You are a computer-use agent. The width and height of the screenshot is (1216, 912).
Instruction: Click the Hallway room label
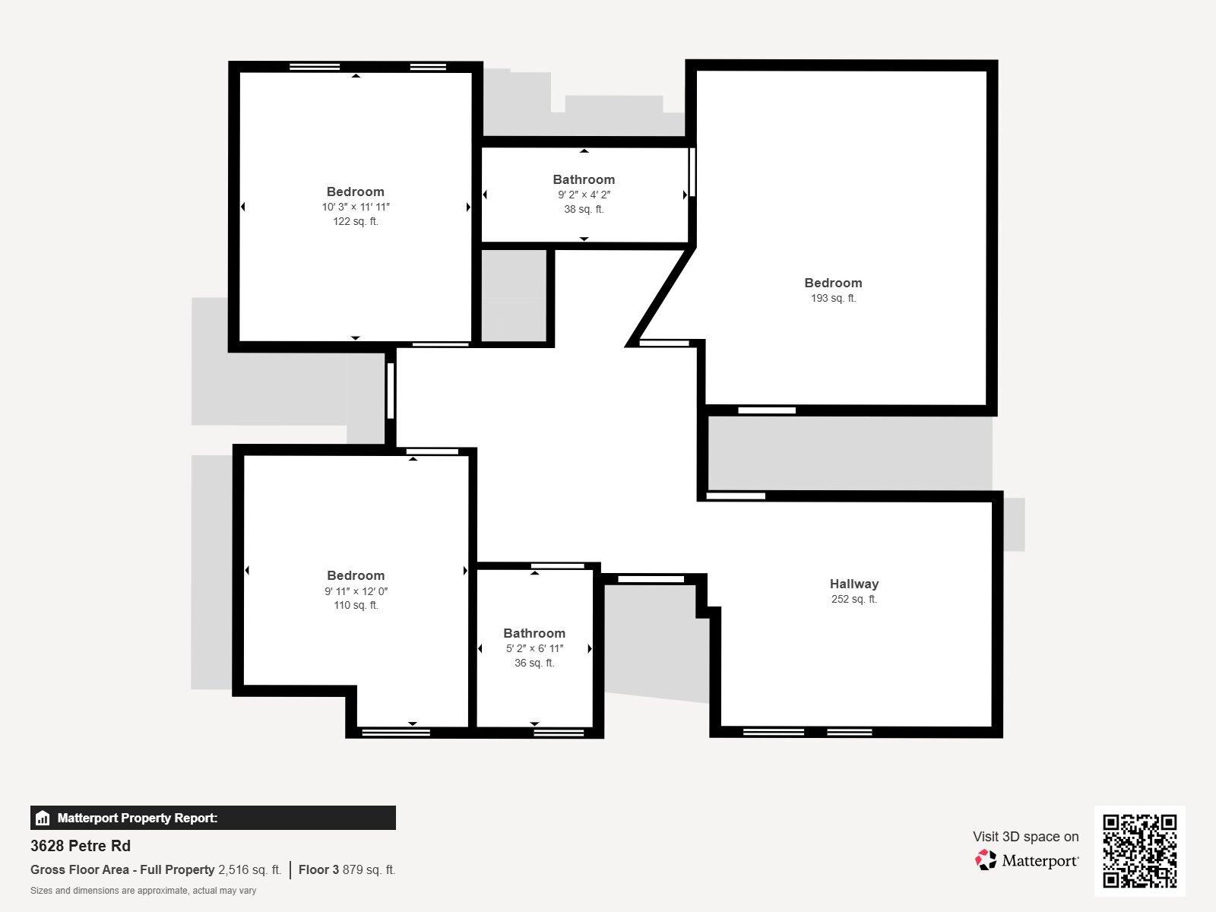(853, 584)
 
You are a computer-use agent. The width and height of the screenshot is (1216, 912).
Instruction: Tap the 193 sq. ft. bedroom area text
(833, 298)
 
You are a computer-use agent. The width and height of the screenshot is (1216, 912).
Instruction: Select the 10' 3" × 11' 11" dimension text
(355, 207)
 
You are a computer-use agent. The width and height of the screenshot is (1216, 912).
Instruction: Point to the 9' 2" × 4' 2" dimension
(584, 195)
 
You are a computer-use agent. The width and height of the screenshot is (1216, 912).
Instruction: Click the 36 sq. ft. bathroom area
(534, 663)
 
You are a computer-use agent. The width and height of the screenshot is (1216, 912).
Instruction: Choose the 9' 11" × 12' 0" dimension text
(356, 591)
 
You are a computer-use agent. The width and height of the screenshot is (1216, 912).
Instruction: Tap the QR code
(1139, 850)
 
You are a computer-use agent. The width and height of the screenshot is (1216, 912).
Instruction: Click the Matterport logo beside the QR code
(1027, 860)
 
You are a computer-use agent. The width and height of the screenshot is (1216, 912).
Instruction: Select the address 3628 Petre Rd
(81, 845)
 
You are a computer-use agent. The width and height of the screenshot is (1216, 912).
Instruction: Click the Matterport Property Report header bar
(213, 818)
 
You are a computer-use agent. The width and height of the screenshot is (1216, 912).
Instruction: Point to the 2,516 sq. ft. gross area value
(249, 869)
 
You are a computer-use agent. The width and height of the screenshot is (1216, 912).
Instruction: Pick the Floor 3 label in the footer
(318, 869)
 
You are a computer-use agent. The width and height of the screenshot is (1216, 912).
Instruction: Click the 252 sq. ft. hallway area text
(853, 599)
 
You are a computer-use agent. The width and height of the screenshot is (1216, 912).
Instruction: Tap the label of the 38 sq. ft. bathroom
(584, 179)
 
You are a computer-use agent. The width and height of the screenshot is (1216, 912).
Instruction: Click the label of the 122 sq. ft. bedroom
(355, 192)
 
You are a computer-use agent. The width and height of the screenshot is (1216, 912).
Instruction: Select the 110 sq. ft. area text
(356, 605)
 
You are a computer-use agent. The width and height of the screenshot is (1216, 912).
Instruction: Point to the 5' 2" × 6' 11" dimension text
(534, 648)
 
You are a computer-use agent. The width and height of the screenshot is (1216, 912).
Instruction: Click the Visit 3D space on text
(1025, 836)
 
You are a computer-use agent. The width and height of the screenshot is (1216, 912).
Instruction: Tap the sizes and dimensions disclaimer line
(143, 890)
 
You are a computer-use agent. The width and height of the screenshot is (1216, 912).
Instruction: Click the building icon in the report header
(43, 819)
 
